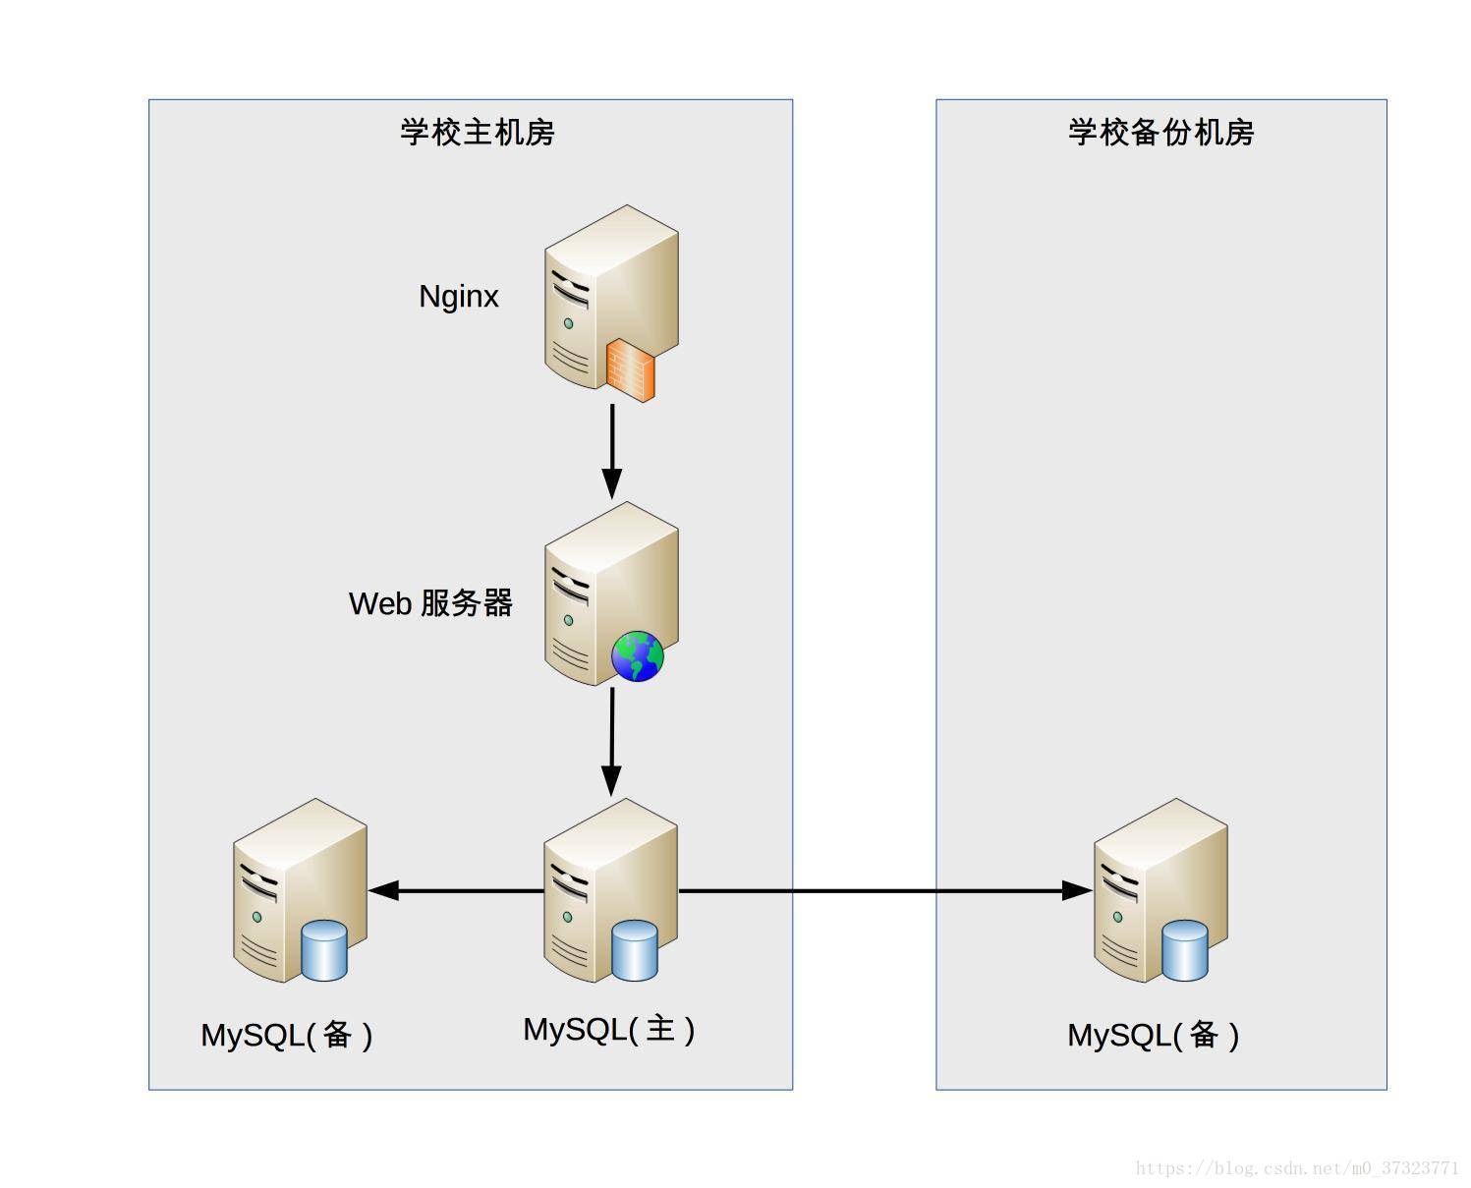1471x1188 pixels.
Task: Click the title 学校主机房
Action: pos(477,132)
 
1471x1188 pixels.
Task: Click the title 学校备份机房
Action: pos(1160,132)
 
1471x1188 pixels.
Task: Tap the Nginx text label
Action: pos(458,297)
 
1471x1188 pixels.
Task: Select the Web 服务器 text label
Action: pos(430,603)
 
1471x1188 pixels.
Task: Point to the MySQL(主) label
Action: pos(608,1030)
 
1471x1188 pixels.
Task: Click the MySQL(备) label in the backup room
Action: pos(1153,1036)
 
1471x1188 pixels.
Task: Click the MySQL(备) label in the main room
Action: pos(287,1036)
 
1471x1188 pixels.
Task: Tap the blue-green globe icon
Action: pos(637,655)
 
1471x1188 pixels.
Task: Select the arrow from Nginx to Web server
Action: pos(612,451)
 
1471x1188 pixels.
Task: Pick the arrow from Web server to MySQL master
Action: pos(612,742)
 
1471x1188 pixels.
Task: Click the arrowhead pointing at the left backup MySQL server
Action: pos(383,890)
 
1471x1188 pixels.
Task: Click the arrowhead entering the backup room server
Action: pos(1077,890)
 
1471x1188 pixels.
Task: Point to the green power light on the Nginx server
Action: pos(568,323)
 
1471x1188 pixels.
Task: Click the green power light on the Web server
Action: pos(568,620)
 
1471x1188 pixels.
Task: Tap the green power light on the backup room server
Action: pos(1117,917)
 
